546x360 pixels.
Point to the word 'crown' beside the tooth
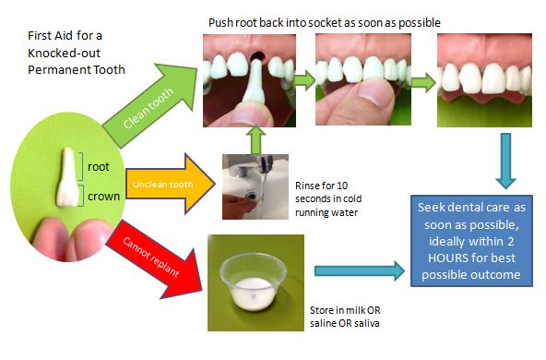101,196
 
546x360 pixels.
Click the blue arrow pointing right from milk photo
360,270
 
